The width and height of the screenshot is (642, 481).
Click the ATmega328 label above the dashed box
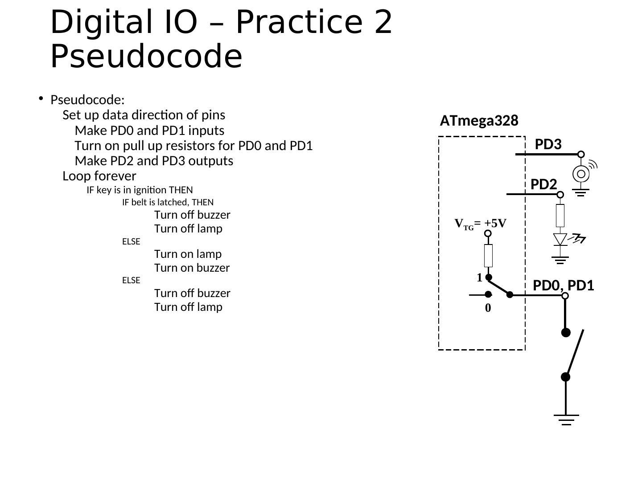coord(479,121)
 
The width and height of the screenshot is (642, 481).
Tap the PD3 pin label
coord(548,144)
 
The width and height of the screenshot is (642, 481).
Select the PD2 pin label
coord(543,184)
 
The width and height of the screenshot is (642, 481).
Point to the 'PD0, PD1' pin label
coord(564,285)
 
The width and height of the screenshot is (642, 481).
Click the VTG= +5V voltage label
coord(480,223)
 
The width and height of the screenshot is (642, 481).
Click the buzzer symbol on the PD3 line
coord(581,174)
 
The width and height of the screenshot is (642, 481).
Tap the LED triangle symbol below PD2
coord(560,239)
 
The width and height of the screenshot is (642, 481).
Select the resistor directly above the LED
coord(560,216)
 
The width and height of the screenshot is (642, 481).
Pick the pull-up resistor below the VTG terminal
coord(488,255)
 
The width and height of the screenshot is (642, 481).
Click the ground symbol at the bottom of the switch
coord(566,419)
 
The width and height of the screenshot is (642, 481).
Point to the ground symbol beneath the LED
coord(560,260)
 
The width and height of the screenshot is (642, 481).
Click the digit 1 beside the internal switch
coord(479,278)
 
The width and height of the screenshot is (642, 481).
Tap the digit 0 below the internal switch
coord(488,308)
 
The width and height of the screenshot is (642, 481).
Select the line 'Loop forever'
coord(99,176)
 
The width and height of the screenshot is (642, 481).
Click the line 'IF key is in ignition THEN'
coord(140,190)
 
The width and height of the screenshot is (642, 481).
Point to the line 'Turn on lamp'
coord(188,254)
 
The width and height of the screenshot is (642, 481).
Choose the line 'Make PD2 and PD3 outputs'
coord(154,161)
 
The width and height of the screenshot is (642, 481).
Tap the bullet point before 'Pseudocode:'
coord(41,98)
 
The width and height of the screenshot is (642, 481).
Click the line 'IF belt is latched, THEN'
coord(168,202)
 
